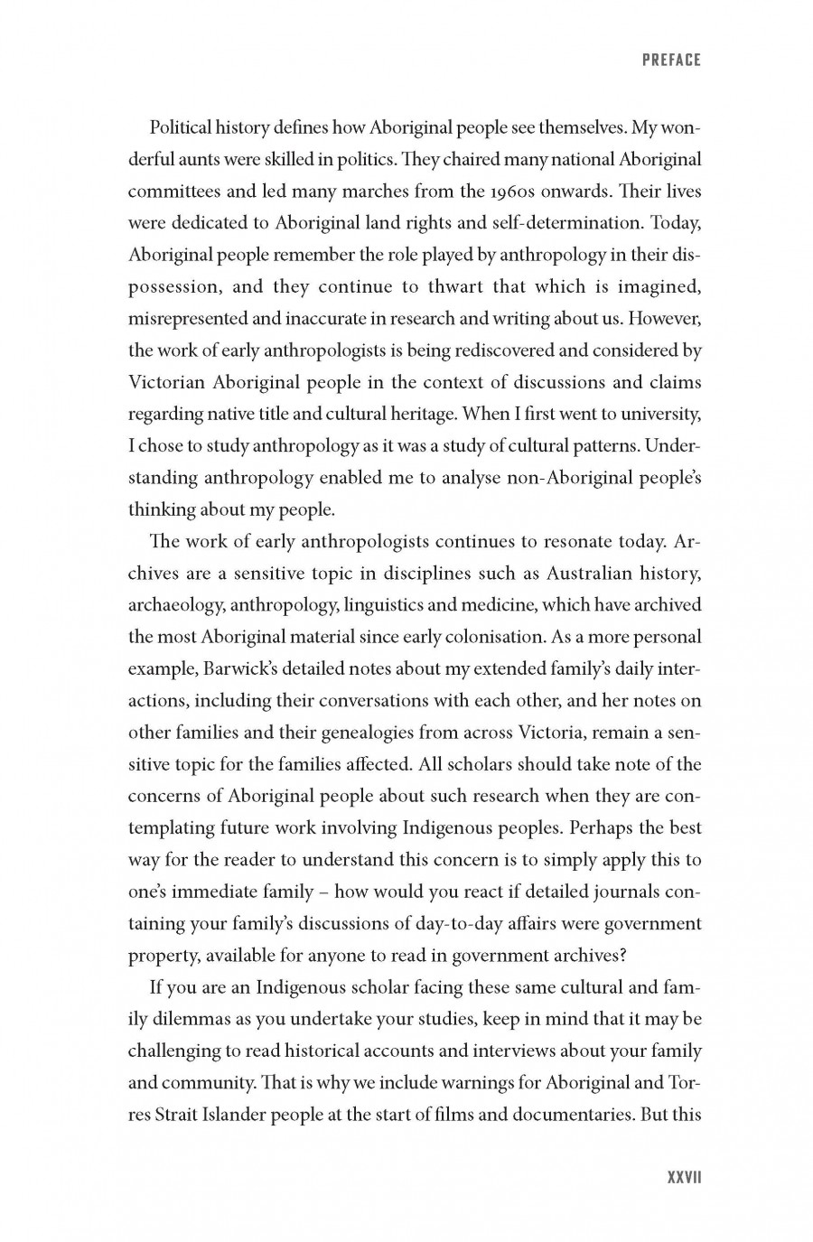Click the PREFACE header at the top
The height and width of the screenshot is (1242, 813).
pyautogui.click(x=671, y=61)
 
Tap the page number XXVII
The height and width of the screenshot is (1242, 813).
pyautogui.click(x=684, y=1178)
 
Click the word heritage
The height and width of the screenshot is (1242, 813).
pyautogui.click(x=413, y=414)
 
